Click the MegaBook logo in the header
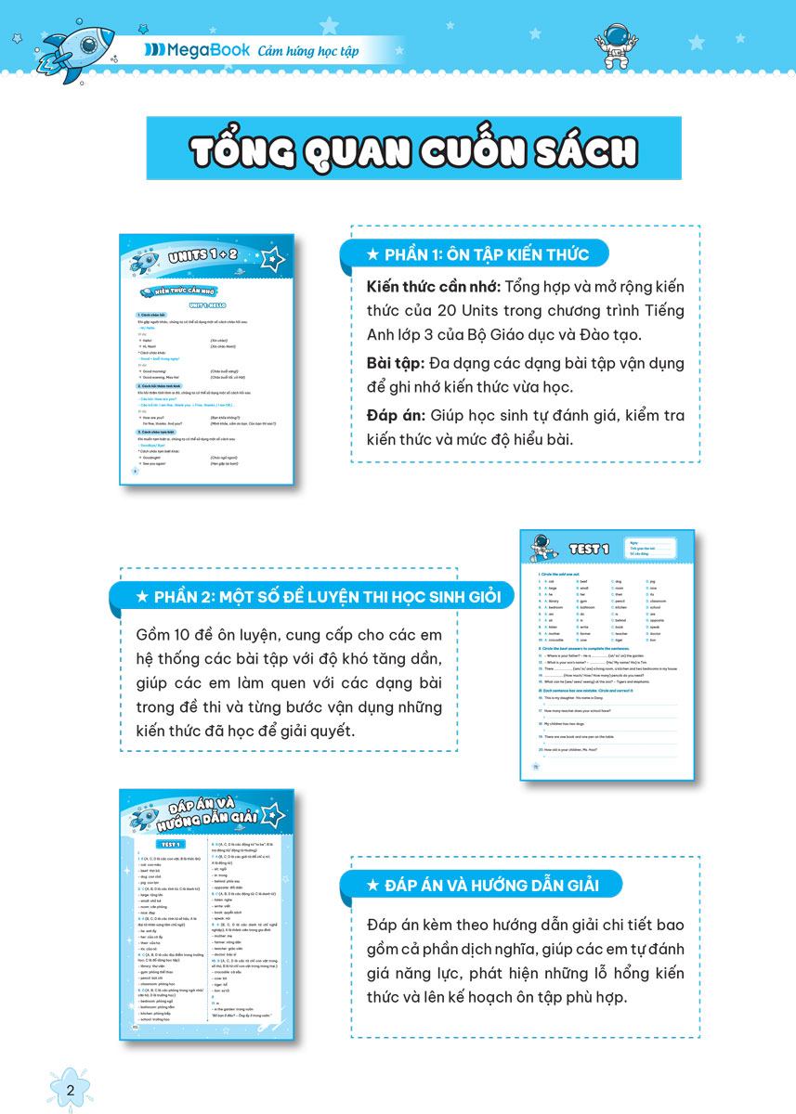pos(196,50)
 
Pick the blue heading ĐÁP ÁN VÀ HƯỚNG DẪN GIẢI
pos(481,886)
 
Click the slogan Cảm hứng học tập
pos(308,50)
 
